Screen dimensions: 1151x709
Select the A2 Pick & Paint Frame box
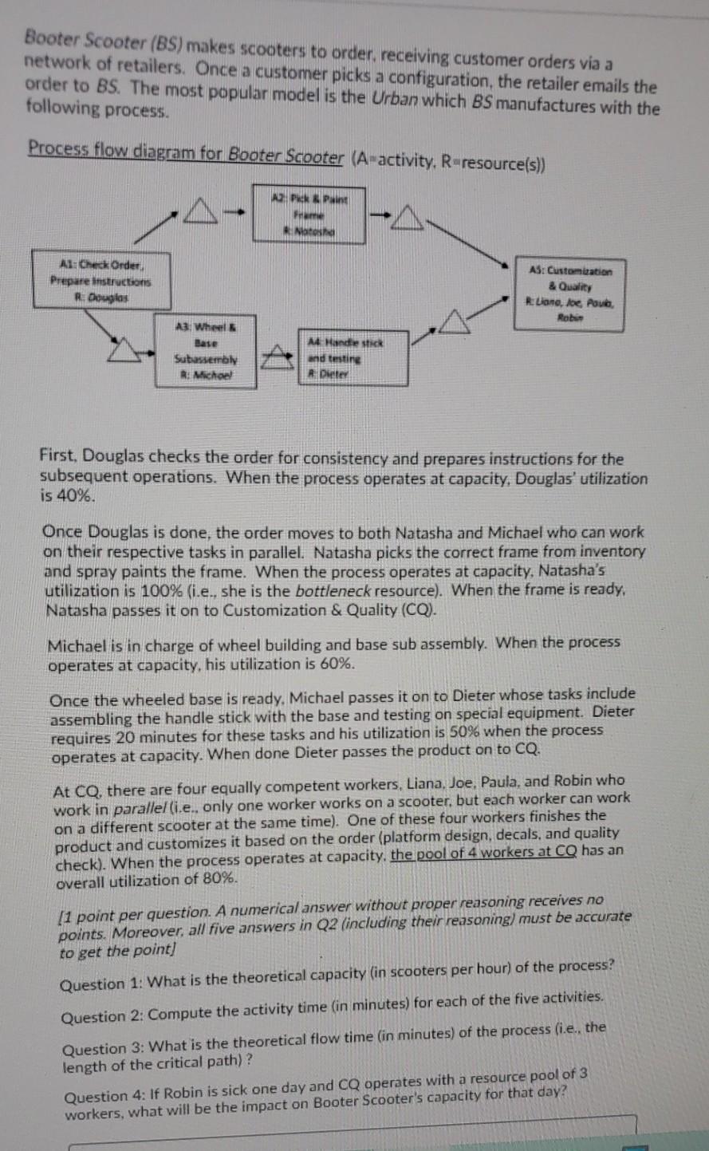pos(309,214)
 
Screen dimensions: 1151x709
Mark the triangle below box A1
pos(128,349)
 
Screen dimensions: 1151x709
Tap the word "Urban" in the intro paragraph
pos(390,98)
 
